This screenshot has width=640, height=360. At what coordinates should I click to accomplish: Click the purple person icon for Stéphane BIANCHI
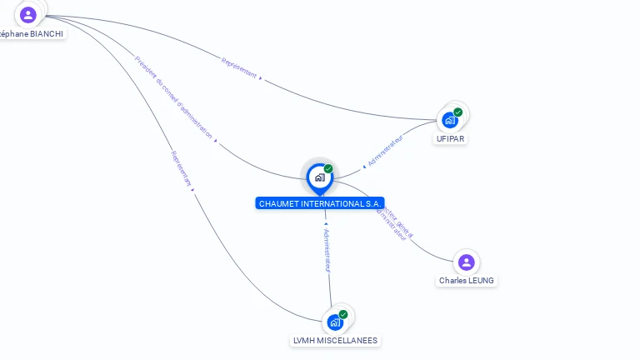(28, 14)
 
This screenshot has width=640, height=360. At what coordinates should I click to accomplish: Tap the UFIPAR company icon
(450, 120)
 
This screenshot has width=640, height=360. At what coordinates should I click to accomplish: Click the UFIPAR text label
(450, 138)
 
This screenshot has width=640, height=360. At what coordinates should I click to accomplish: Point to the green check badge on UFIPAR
(457, 112)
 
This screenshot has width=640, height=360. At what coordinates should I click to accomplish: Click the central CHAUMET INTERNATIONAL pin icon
(319, 177)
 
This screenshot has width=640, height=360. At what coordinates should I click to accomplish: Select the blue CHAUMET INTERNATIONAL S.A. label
(320, 203)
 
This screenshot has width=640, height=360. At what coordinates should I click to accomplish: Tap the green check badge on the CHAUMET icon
(328, 169)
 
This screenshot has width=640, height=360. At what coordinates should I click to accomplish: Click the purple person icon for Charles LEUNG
(467, 262)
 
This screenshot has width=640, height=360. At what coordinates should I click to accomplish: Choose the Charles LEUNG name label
(467, 281)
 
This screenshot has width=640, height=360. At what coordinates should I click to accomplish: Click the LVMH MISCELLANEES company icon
(335, 322)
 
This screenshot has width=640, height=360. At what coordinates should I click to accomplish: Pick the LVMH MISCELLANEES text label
(335, 340)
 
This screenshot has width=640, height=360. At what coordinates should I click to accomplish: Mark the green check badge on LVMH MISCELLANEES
(343, 314)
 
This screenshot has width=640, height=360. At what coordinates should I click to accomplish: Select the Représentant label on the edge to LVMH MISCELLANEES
(182, 167)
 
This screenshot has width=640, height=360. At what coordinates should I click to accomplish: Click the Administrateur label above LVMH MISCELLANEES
(327, 249)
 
